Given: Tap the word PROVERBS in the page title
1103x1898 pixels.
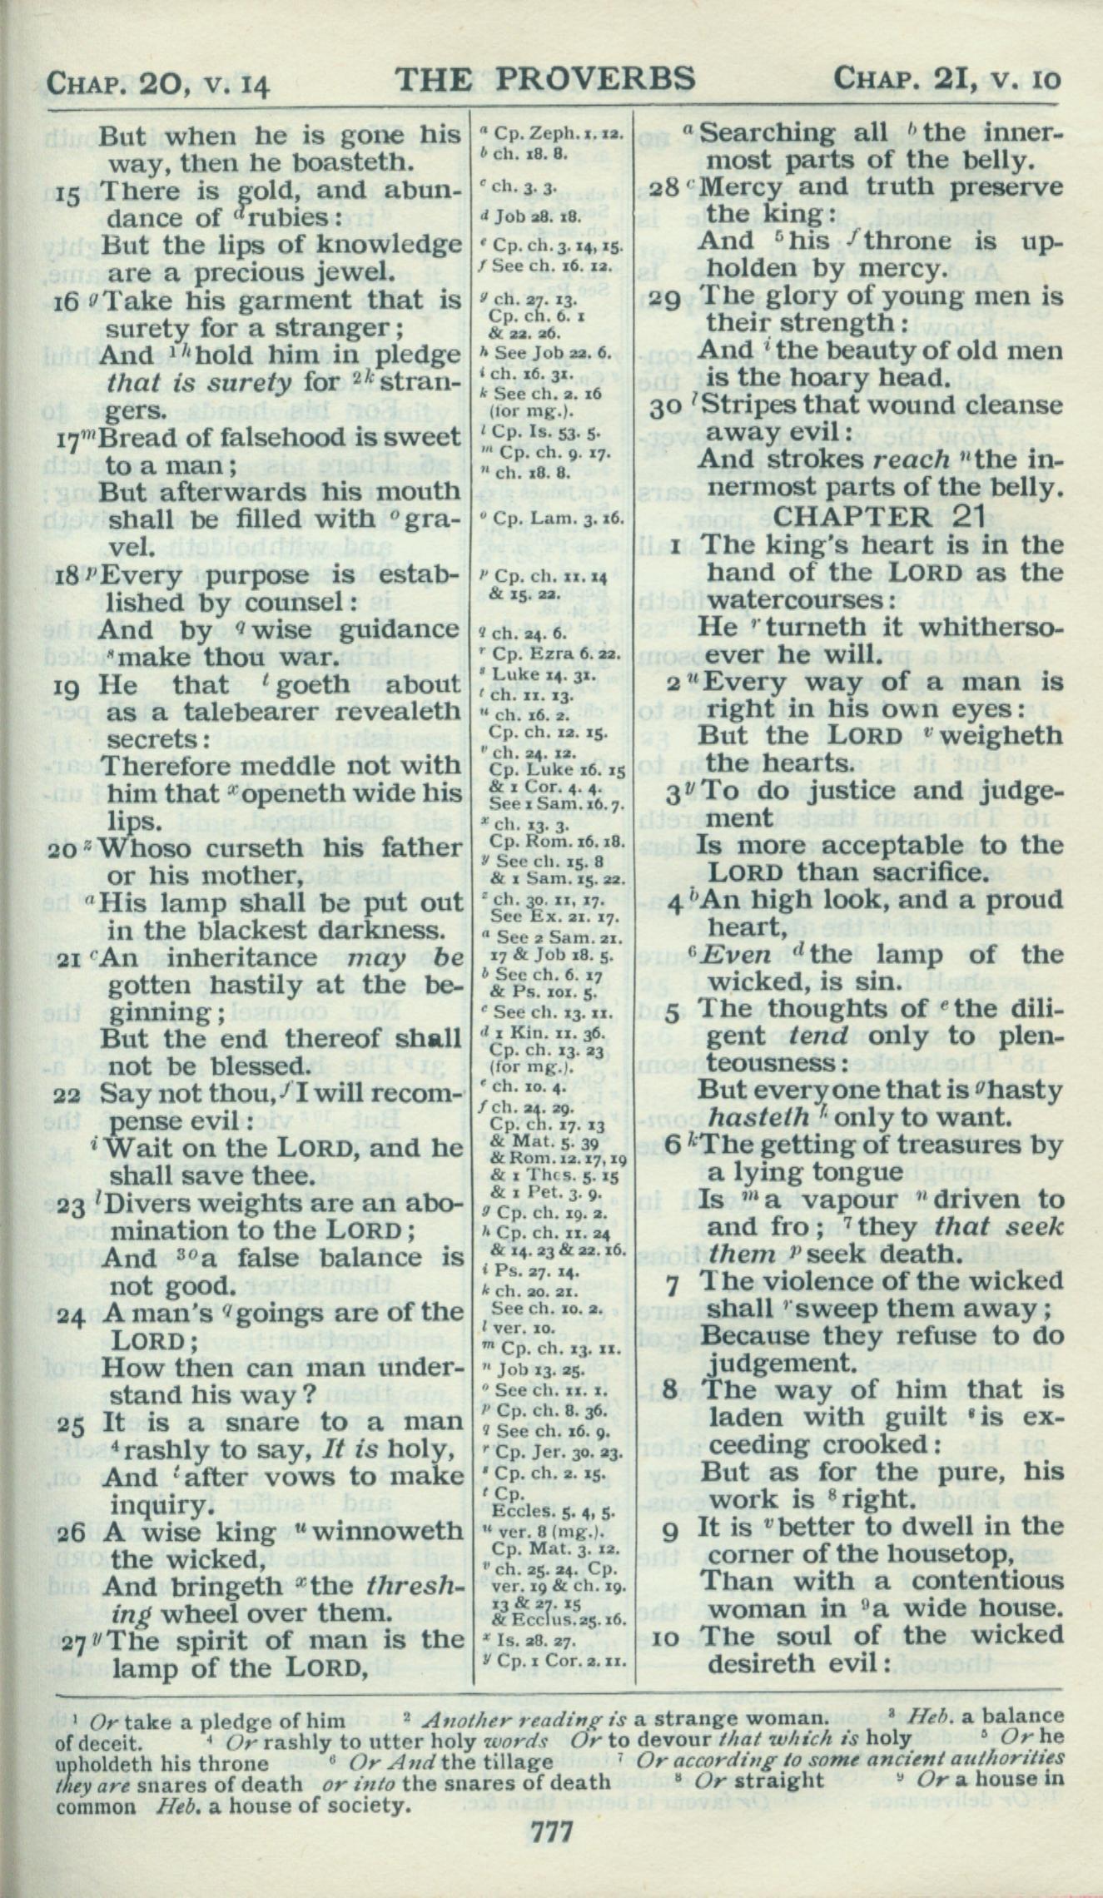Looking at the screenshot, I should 595,79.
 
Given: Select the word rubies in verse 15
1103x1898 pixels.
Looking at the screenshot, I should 265,218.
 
